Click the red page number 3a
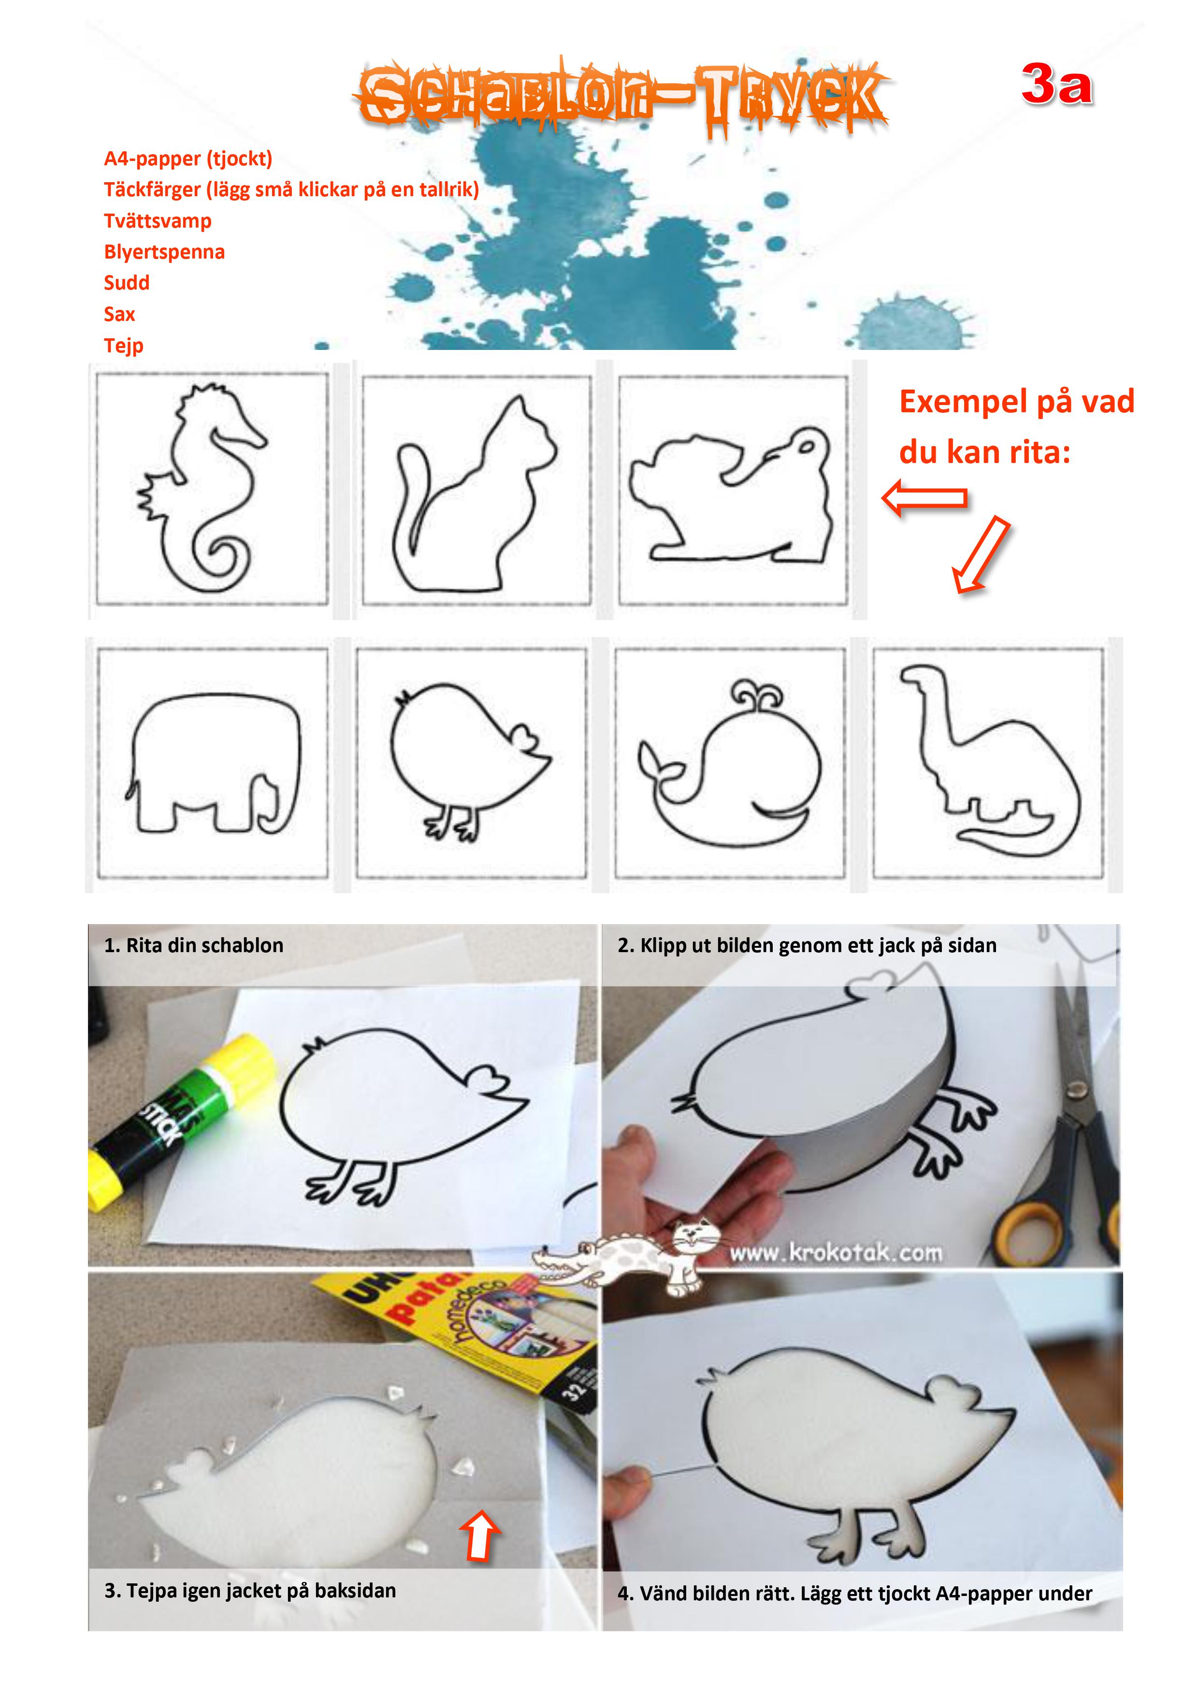coord(1056,84)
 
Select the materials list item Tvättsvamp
coord(158,221)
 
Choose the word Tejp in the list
coord(123,346)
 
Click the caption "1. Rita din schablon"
coord(194,945)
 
